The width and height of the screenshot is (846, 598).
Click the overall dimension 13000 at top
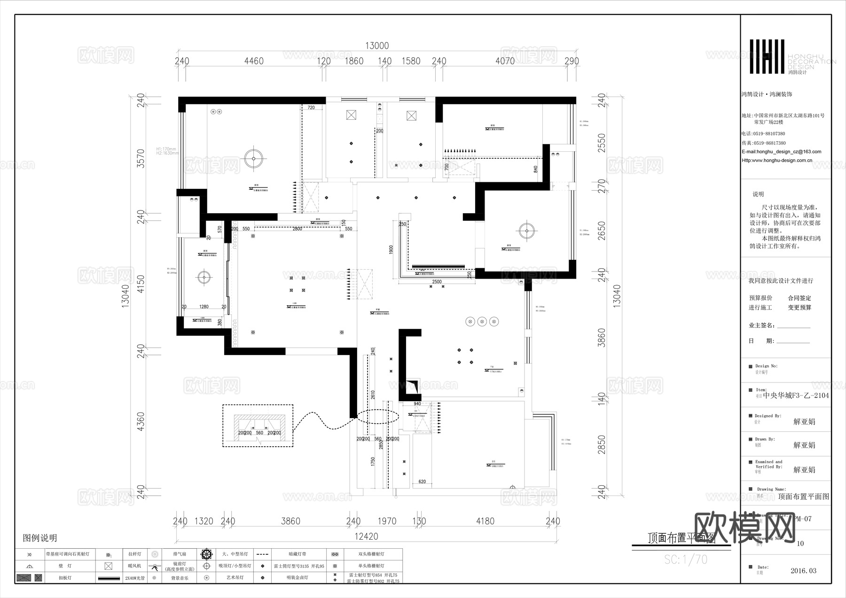click(x=377, y=46)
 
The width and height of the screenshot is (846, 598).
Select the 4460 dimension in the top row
click(x=254, y=61)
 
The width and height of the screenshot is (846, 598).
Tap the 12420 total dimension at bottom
click(x=366, y=536)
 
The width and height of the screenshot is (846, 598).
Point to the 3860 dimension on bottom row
click(x=290, y=521)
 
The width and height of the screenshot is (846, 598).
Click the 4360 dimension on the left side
click(x=140, y=422)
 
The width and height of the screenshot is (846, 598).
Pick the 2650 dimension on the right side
click(x=602, y=231)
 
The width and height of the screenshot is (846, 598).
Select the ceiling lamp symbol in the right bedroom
click(x=527, y=230)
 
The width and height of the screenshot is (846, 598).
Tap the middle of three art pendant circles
click(x=482, y=322)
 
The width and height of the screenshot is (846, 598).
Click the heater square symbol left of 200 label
click(x=351, y=115)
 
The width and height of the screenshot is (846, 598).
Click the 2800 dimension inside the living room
click(x=297, y=229)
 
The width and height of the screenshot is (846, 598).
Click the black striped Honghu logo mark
click(x=767, y=57)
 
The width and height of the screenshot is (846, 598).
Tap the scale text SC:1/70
click(x=685, y=559)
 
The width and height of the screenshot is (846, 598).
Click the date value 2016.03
click(x=803, y=571)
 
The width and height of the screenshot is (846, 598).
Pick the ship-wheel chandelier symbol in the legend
click(x=206, y=554)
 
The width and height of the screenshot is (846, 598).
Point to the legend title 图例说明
click(x=40, y=538)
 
